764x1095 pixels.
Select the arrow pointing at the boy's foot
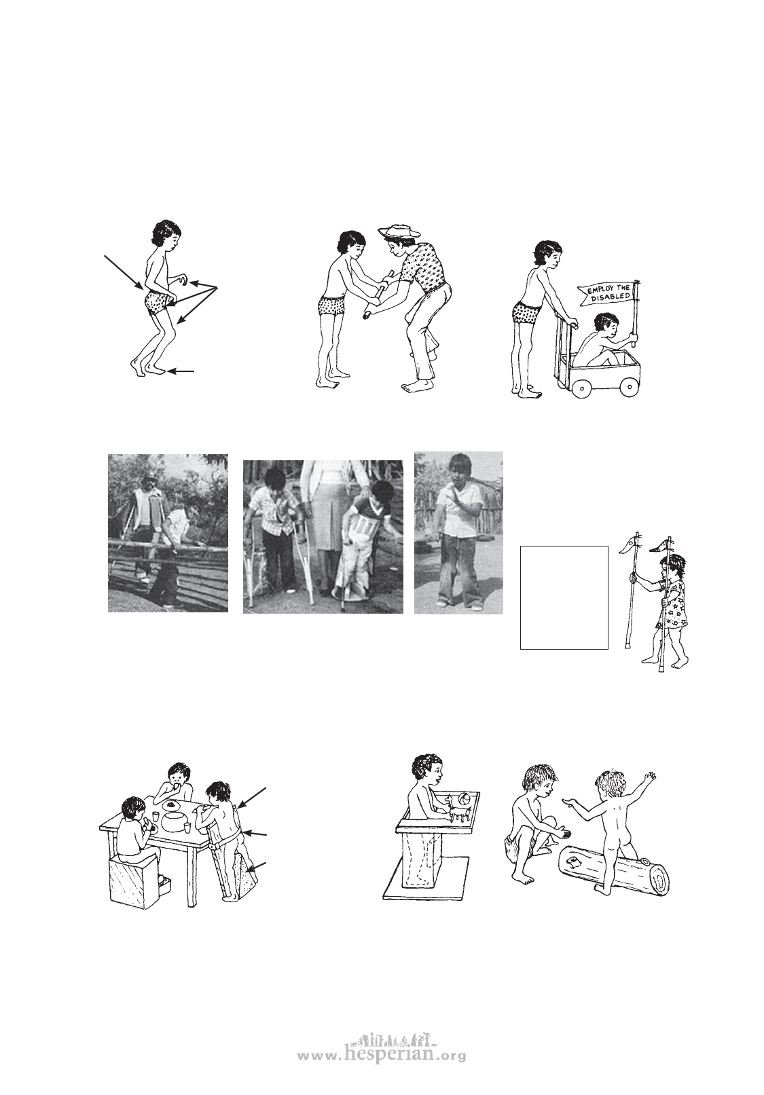[x=181, y=371]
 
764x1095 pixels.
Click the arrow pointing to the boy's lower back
[x=124, y=272]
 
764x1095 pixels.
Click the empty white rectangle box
[x=564, y=597]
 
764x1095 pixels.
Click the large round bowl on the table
[x=172, y=821]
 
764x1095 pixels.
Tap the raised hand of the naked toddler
[x=650, y=777]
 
